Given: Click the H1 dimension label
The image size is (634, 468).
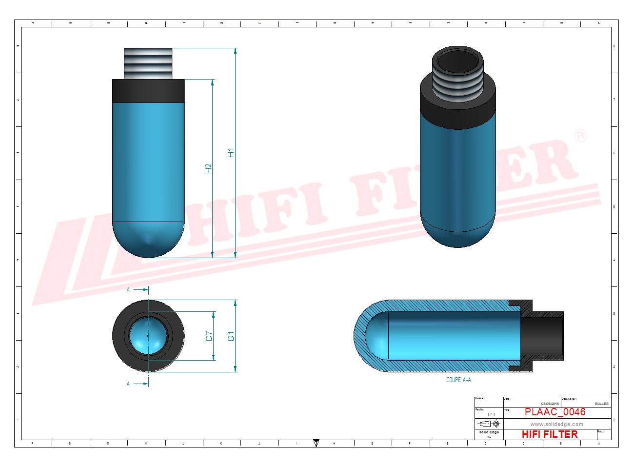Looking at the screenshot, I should (231, 152).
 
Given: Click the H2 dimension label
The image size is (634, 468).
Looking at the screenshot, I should (209, 168).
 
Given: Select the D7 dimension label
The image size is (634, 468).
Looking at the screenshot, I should (209, 336).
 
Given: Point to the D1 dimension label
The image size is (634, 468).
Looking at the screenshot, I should (231, 336).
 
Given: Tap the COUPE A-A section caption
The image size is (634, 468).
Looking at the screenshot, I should (458, 380).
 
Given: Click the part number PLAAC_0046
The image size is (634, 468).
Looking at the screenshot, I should (555, 412).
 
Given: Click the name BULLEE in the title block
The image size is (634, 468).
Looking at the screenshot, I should (601, 404).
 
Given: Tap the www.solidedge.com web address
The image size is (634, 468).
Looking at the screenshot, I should (556, 424).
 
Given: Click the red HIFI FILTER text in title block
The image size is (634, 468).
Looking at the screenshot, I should (550, 434).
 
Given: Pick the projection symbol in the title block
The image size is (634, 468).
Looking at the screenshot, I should (489, 424).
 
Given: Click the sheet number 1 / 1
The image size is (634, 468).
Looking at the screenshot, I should (491, 414).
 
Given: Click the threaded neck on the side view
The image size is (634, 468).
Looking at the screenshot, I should (148, 63).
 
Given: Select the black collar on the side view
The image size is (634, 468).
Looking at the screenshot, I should (148, 91).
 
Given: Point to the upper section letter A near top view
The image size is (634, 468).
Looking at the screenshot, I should (128, 289).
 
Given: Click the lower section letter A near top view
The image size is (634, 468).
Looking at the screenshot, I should (128, 384).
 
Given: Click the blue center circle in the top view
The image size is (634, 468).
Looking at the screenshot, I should (148, 336).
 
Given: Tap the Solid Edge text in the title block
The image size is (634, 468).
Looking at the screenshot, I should (489, 432).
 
